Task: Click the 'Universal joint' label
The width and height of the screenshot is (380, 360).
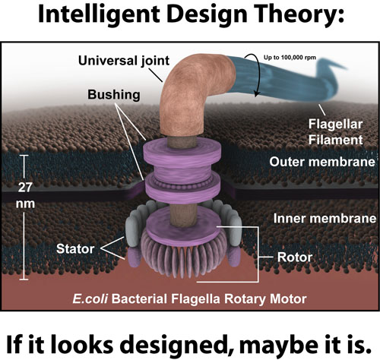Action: [x=124, y=61]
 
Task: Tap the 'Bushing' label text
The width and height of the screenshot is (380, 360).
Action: [x=114, y=95]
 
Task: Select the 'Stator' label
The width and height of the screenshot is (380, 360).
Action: [x=75, y=249]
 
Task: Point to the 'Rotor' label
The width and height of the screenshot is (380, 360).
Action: [x=295, y=257]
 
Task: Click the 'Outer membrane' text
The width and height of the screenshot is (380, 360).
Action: [x=322, y=162]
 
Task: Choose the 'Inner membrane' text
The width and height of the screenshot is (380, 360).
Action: [x=325, y=219]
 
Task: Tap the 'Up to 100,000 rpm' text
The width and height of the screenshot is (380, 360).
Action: [x=290, y=58]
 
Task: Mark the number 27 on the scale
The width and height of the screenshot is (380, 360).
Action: [x=25, y=188]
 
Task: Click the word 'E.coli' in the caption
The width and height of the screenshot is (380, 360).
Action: [x=90, y=299]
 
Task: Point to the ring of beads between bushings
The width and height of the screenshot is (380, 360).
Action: [x=182, y=185]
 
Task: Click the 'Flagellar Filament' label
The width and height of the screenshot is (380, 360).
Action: [x=335, y=132]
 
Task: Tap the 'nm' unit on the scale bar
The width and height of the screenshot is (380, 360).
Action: [x=25, y=204]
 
